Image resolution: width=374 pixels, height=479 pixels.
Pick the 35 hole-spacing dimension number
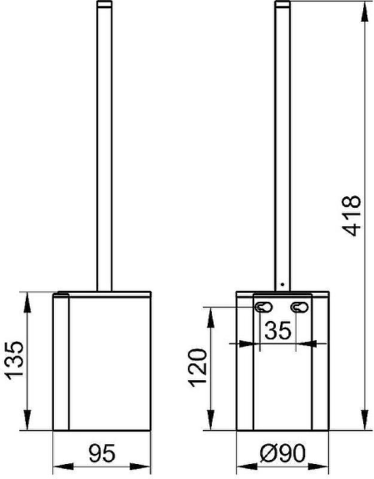pos(280,331)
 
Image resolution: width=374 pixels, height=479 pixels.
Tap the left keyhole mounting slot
pos(263,309)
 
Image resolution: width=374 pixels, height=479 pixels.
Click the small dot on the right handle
pos(283,285)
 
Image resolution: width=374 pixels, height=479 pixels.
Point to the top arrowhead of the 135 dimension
pos(30,297)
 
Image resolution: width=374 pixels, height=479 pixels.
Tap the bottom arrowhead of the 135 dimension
pos(30,427)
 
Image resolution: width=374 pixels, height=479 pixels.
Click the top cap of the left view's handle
pos(104,6)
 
